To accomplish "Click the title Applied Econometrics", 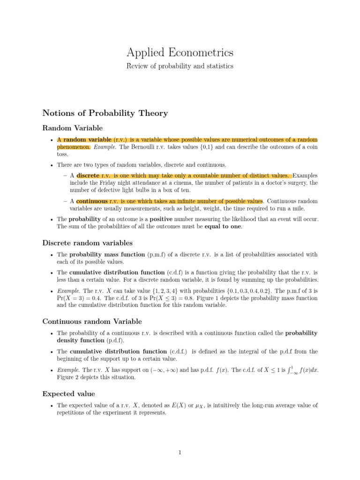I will (180, 52).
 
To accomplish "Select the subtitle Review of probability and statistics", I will (180, 66).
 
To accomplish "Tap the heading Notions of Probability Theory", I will (105, 113).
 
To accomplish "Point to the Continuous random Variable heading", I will (92, 321).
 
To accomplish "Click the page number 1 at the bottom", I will (180, 452).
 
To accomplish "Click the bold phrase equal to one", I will (224, 226).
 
